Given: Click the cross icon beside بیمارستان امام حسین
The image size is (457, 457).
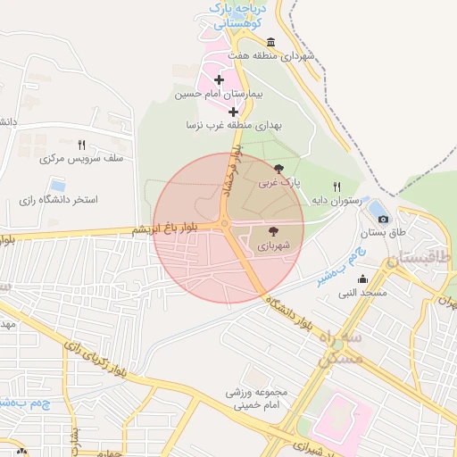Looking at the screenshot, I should click(219, 80).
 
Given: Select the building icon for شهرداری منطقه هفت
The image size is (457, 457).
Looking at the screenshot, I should click(270, 41).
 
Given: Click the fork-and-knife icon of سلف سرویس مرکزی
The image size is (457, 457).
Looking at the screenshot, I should click(81, 145).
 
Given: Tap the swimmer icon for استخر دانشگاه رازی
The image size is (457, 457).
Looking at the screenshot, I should click(58, 185).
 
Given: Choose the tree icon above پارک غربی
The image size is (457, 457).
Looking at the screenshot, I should click(279, 168).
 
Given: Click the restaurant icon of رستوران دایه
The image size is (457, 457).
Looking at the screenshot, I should click(337, 187).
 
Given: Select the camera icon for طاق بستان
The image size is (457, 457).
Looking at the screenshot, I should click(384, 219).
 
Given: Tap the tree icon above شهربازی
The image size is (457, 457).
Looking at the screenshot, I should click(273, 229).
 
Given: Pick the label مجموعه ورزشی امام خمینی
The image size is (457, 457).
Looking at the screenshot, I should click(254, 398).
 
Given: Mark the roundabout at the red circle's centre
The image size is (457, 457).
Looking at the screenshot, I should click(226, 225).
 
